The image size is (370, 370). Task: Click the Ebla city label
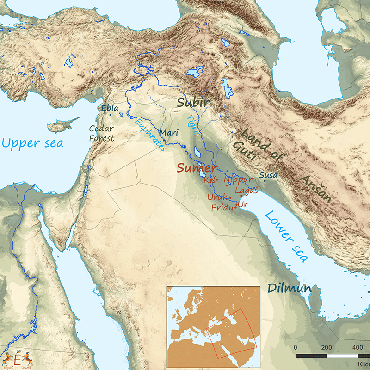110,108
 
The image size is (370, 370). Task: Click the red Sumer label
196,167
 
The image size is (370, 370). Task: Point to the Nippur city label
238,180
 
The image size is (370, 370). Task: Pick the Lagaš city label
246,190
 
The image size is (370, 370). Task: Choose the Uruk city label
217,197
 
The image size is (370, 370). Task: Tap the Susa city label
268,175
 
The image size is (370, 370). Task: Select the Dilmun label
289,288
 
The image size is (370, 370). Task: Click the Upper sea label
32,143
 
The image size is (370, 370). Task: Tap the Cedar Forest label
101,133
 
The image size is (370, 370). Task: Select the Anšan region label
316,189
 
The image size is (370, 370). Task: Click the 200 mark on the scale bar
327,347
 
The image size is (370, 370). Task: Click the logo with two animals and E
18,359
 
